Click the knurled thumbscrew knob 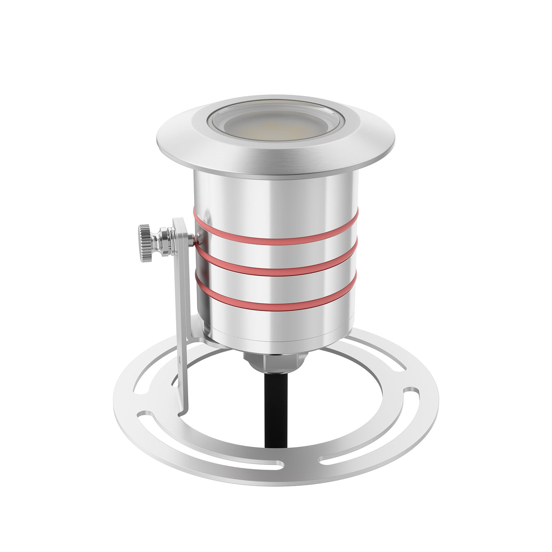pyautogui.click(x=145, y=243)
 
